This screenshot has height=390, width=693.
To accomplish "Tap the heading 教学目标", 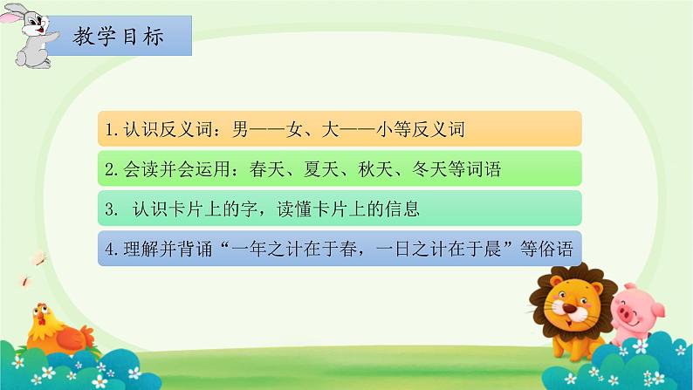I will point(119,38).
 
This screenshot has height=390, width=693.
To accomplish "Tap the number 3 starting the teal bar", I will point(106,209).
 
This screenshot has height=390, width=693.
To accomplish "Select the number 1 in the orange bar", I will point(106,130).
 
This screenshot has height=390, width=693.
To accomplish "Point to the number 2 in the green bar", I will point(106,169).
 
